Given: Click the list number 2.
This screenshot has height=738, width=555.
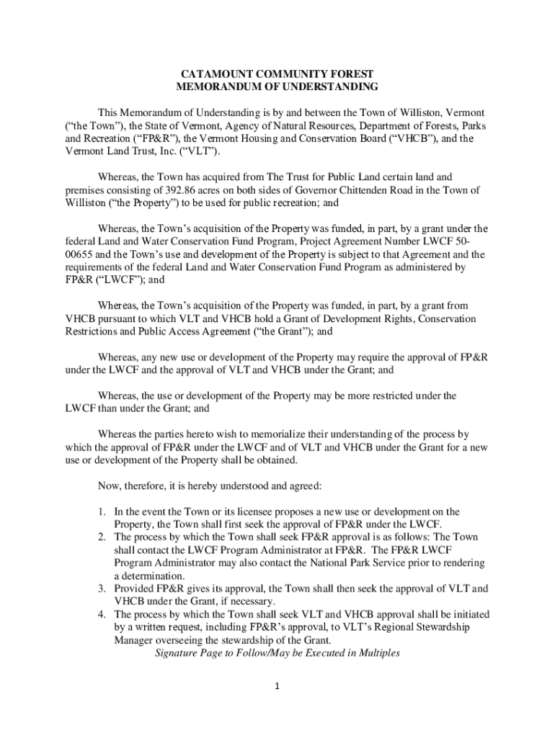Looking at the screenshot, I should click(103, 537).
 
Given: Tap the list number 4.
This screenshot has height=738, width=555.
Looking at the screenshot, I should click(103, 615).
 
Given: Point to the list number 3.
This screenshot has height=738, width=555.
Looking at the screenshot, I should click(103, 589).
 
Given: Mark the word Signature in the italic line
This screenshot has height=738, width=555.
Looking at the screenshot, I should click(178, 654).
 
